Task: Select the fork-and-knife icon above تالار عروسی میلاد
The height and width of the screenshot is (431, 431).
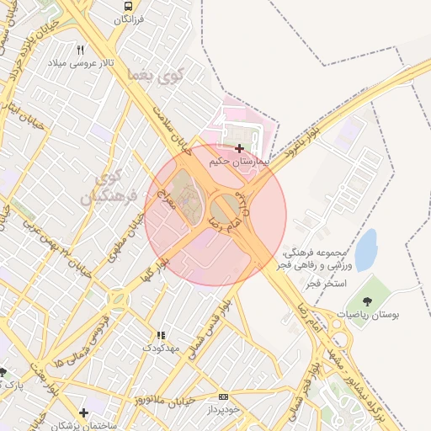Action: coord(81,50)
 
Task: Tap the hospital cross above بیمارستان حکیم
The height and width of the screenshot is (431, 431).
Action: coord(240,148)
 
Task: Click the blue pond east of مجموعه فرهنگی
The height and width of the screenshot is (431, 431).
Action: coord(366,250)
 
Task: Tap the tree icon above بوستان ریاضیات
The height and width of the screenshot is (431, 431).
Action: coord(367,301)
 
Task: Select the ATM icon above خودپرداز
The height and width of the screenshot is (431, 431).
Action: coord(223,396)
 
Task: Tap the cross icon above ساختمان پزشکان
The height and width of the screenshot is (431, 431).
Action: coord(82,412)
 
